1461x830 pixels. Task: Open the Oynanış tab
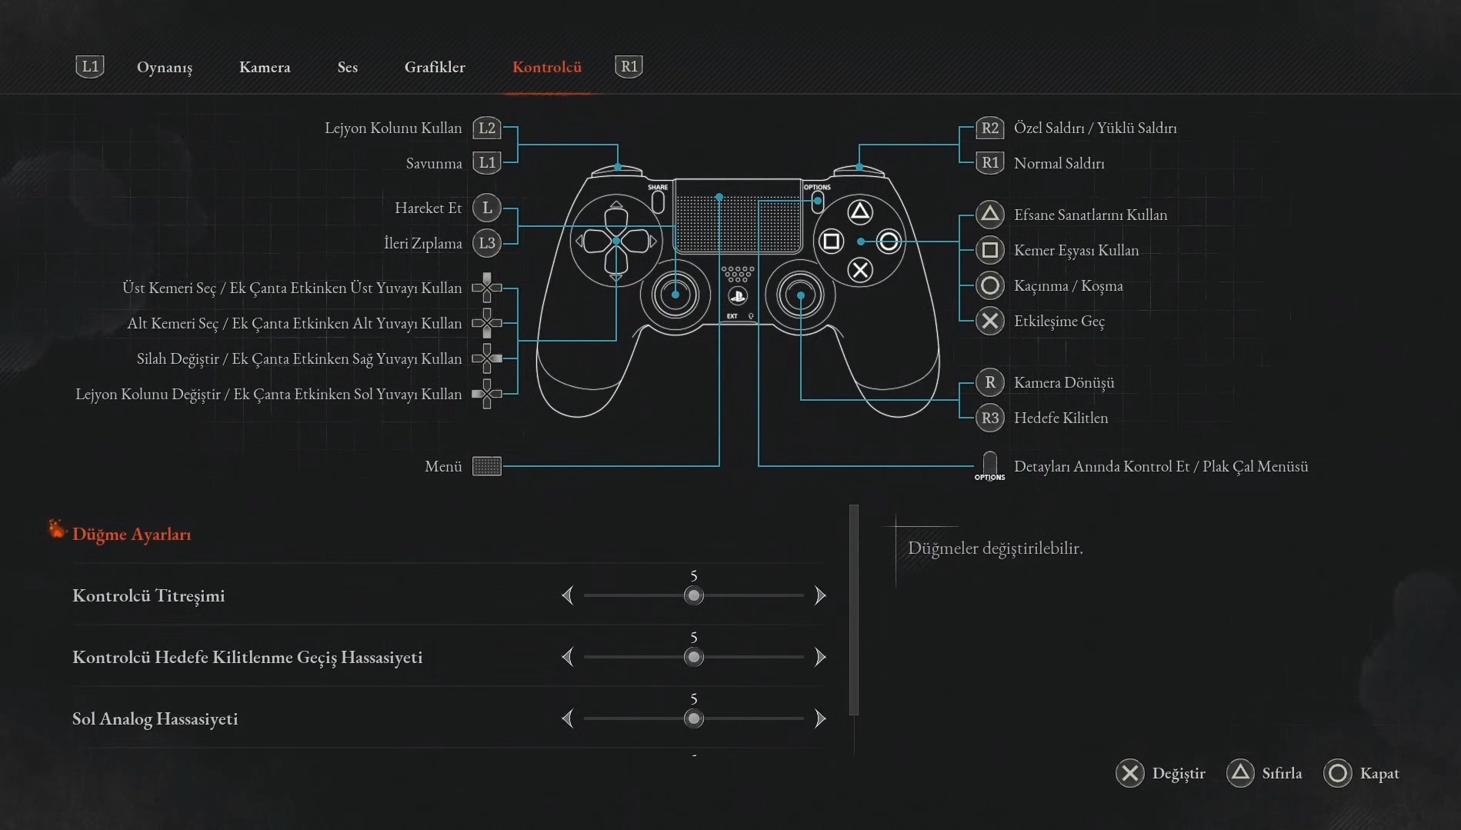164,68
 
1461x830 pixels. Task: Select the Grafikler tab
435,68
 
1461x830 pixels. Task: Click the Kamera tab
265,68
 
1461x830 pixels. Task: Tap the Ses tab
347,68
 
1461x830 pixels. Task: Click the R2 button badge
989,128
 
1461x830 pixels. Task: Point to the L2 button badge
486,128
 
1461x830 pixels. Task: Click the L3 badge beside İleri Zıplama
486,244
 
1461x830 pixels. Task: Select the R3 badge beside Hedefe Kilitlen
989,418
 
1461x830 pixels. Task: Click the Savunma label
434,163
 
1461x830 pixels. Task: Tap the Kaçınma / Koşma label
1068,286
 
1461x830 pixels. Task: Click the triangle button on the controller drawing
859,212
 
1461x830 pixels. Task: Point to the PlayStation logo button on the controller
737,296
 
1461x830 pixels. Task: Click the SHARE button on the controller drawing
658,201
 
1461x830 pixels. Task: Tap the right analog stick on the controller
800,295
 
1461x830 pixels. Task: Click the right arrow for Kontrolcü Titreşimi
820,595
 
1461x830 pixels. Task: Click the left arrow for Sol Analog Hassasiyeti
568,718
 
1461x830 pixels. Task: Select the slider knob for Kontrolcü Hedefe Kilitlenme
694,657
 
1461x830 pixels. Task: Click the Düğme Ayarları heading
131,534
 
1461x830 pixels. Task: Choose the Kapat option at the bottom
1378,773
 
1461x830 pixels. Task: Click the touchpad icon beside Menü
486,466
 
